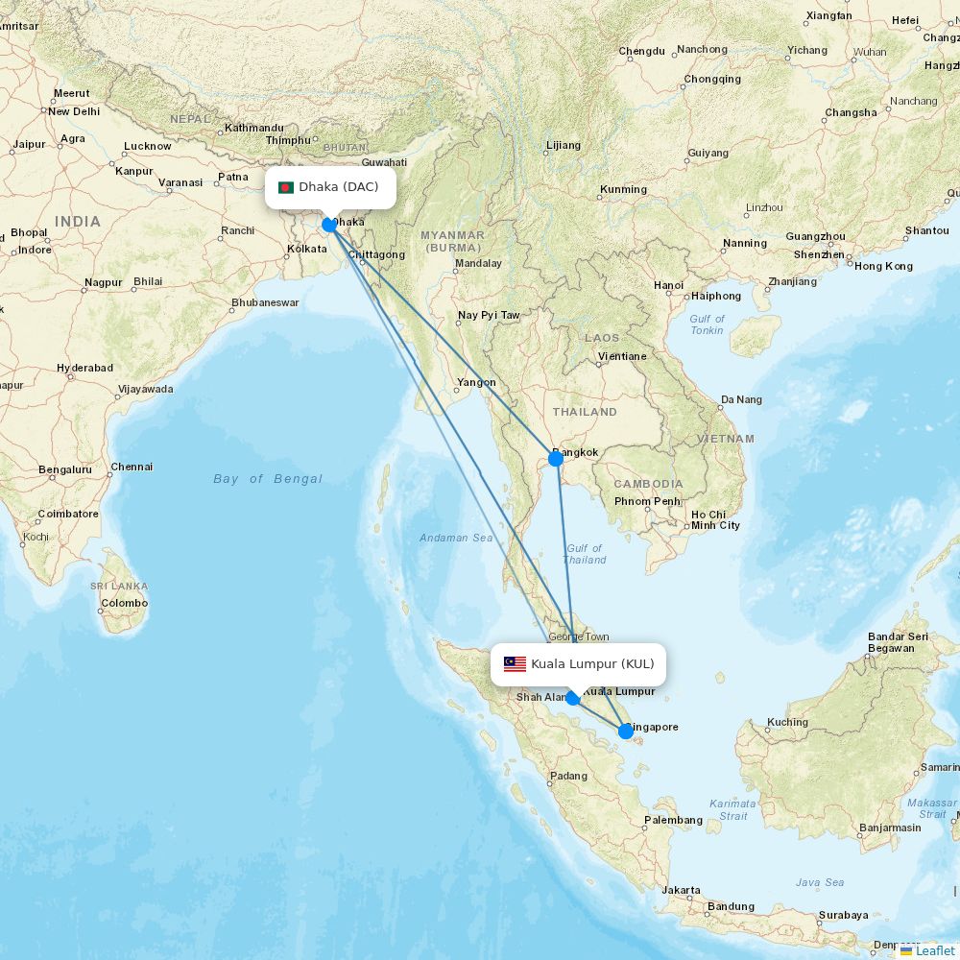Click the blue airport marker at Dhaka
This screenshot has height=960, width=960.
(329, 225)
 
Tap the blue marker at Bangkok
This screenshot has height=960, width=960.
(555, 459)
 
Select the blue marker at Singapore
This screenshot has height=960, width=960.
(626, 732)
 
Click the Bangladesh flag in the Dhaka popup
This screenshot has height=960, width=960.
(286, 187)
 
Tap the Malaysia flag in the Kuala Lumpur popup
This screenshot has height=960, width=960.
(516, 664)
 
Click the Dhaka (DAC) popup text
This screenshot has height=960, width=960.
(339, 187)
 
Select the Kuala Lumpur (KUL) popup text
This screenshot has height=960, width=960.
(592, 664)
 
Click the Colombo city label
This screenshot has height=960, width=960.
(124, 603)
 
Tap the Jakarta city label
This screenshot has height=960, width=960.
(681, 890)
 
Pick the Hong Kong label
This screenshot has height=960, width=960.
(883, 266)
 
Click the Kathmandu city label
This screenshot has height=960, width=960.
(254, 128)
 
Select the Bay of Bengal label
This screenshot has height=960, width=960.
(268, 479)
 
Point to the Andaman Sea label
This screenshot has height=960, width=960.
(456, 538)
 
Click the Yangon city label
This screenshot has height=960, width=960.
(476, 382)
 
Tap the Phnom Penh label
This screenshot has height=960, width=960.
(647, 501)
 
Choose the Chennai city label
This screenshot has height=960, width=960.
(132, 467)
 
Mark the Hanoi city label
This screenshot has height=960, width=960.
(668, 285)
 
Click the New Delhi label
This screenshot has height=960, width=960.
(74, 111)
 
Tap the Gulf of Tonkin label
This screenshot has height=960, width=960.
(708, 324)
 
